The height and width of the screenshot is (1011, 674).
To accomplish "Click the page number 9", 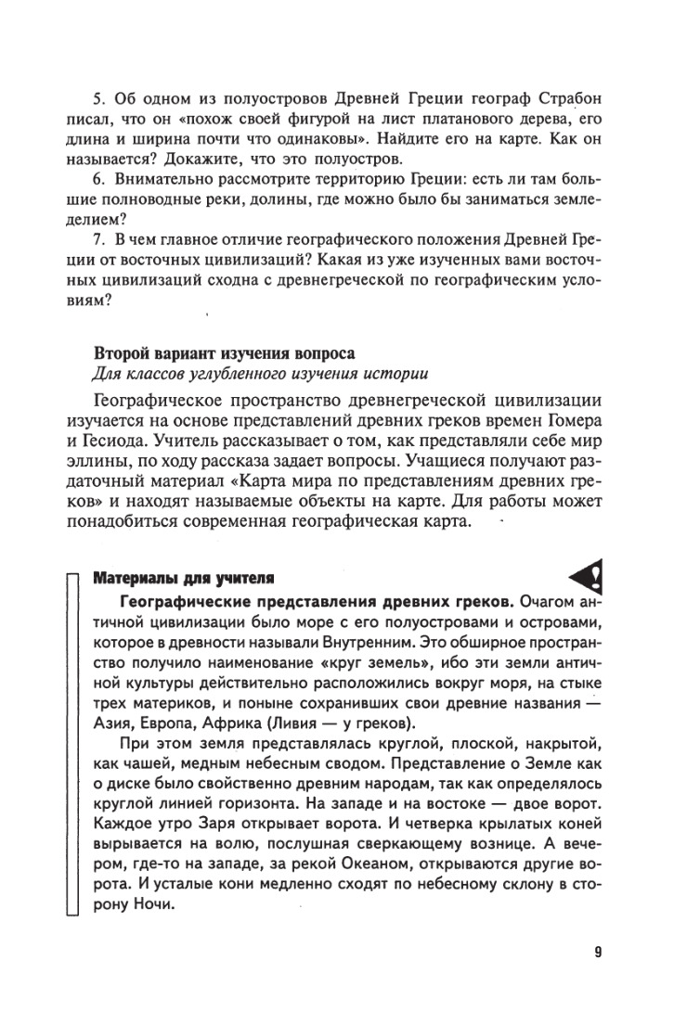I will pyautogui.click(x=599, y=952).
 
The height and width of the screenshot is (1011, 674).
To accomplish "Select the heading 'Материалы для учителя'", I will pyautogui.click(x=182, y=580).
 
